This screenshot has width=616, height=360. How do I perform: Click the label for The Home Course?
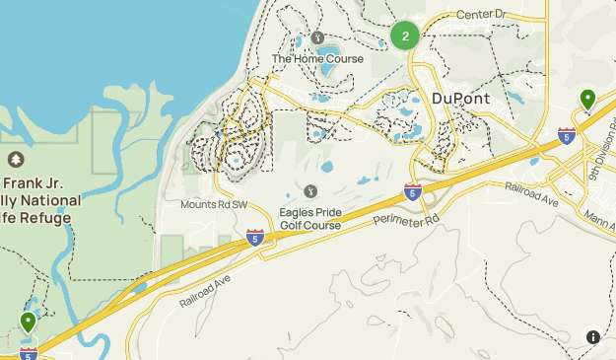(x=317, y=59)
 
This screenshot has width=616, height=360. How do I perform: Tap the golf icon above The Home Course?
(x=317, y=38)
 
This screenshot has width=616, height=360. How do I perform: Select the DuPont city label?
(x=461, y=99)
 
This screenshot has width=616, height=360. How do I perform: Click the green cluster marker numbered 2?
(x=405, y=36)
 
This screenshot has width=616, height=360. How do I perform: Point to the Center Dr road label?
(x=480, y=16)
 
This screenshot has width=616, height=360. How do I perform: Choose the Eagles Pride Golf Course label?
(x=309, y=218)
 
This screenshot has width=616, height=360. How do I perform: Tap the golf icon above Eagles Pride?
(x=310, y=190)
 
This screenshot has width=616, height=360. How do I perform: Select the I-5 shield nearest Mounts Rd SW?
(x=254, y=237)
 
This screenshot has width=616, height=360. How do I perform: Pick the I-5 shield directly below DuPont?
(x=413, y=191)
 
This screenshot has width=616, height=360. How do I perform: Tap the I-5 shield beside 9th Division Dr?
(x=566, y=136)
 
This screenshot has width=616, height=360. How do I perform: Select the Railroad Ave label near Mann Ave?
(x=531, y=193)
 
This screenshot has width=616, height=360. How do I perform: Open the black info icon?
(x=593, y=337)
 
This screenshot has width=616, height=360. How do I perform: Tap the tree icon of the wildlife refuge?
(x=15, y=160)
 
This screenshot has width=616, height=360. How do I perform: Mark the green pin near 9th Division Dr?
(x=587, y=99)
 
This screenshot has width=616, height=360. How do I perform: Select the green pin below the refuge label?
(x=28, y=322)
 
